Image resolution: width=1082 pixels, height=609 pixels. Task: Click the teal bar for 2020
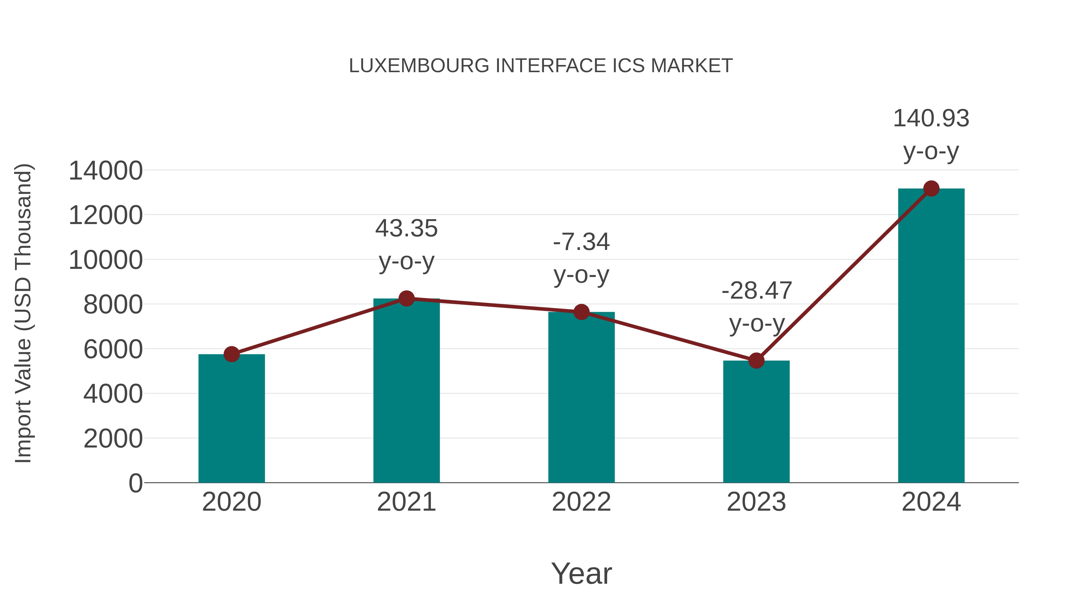[x=231, y=420]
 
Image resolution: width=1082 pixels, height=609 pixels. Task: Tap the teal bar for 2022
[x=581, y=399]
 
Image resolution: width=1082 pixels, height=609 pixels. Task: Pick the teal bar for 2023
[x=756, y=423]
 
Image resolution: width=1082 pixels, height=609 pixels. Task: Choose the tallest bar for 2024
[x=931, y=336]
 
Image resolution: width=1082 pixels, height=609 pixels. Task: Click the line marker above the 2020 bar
[x=231, y=354]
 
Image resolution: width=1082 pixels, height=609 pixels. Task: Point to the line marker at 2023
[x=756, y=361]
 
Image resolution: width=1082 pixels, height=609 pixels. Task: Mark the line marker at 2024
[x=931, y=189]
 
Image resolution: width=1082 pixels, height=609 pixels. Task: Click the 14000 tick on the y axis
[x=105, y=171]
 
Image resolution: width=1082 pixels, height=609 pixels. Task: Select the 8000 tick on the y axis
[x=113, y=305]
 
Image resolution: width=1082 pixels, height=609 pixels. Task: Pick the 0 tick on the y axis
[x=135, y=483]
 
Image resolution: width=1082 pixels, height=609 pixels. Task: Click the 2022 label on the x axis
[x=581, y=502]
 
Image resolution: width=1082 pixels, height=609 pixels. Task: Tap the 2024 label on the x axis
[x=931, y=502]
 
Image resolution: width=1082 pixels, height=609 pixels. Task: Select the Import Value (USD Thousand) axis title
[x=23, y=314]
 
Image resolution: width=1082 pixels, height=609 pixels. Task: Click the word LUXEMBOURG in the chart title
[x=419, y=66]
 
